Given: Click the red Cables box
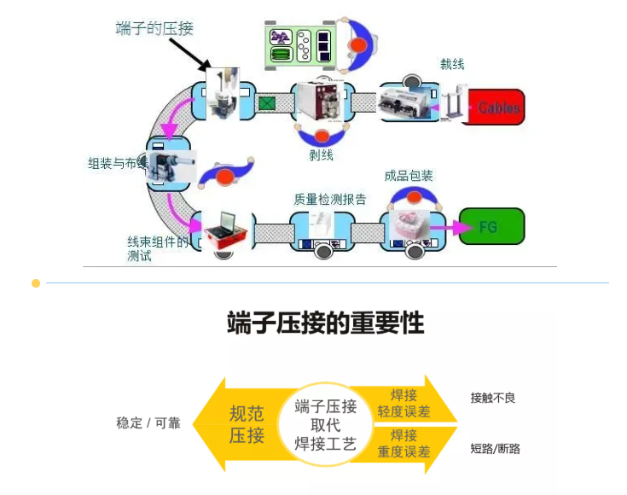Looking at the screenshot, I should (x=498, y=108).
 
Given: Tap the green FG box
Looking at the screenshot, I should (x=491, y=227).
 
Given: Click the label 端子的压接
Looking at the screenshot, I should (x=154, y=28).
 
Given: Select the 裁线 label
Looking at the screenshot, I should (x=452, y=64).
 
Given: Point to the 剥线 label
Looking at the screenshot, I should (x=321, y=155).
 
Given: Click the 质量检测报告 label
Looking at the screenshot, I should (x=330, y=200).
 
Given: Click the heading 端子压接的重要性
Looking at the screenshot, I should (x=326, y=323).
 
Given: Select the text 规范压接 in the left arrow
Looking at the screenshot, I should (x=247, y=424).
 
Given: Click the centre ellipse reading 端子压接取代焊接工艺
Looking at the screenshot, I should (x=326, y=424).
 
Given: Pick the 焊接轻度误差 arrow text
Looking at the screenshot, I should (x=403, y=404).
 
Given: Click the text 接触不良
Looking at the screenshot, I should (x=493, y=398).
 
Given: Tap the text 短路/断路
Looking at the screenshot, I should (x=496, y=448).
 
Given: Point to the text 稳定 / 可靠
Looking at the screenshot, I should (x=148, y=422).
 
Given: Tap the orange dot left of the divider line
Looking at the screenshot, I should (x=36, y=282).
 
